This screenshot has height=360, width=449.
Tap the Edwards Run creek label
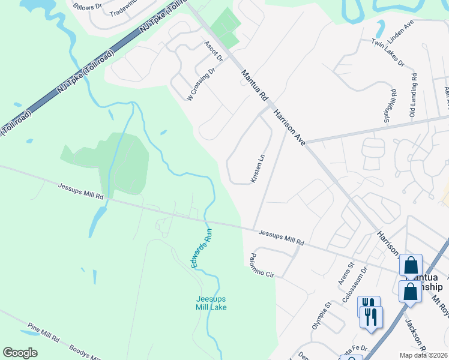[202, 248]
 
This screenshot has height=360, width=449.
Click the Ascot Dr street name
[213, 51]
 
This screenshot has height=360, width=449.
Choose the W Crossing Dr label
[200, 85]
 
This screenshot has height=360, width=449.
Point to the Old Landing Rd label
[413, 95]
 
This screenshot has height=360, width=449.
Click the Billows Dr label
[88, 7]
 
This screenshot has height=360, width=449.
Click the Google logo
[20, 353]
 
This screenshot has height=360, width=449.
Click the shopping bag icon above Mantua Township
[411, 265]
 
